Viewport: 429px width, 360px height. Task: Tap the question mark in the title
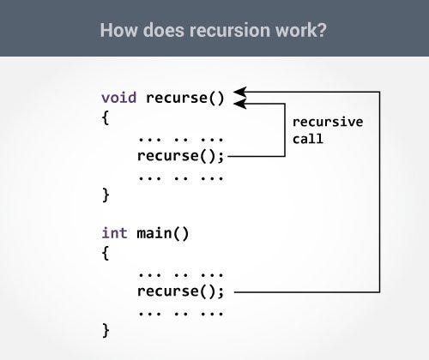[323, 31]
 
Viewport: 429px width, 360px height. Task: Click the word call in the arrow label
[307, 139]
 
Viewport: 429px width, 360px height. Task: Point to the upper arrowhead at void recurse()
[240, 91]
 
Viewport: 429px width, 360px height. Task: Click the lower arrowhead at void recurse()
[240, 103]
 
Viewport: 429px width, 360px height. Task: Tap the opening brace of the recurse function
[106, 117]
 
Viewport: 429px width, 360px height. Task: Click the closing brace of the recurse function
[106, 195]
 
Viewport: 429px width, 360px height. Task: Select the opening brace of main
[106, 253]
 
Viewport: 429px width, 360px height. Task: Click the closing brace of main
[106, 330]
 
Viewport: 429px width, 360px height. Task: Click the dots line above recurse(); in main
[180, 273]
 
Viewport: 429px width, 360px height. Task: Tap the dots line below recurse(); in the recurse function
[180, 175]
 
